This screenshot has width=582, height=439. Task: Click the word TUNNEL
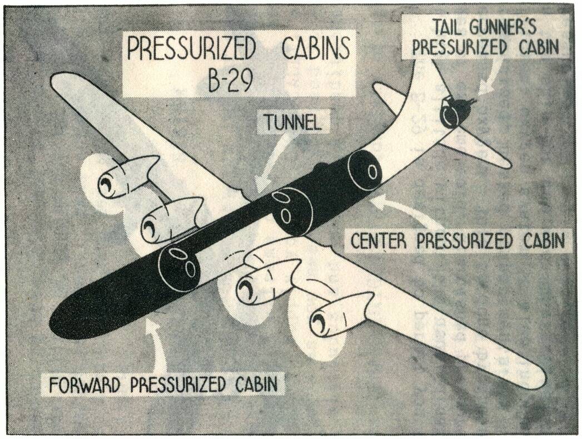[293, 122]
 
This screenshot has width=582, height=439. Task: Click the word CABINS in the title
[315, 50]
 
